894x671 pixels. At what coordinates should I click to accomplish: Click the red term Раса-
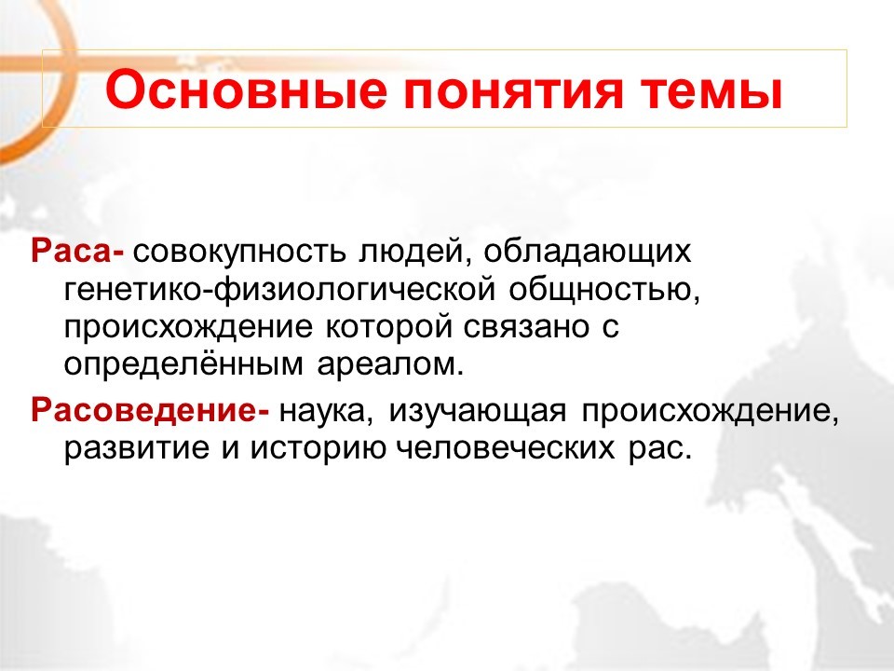point(77,252)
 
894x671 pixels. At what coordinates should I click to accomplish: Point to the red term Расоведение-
point(150,410)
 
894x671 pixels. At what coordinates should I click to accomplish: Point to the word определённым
point(183,364)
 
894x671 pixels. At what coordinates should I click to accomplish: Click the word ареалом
point(390,365)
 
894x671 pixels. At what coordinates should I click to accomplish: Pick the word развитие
point(137,449)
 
